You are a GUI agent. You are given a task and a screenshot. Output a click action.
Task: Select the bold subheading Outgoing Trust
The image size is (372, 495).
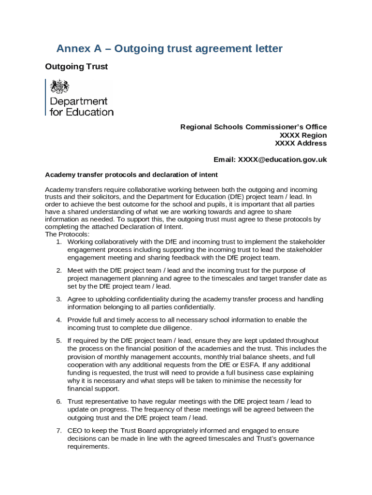(76, 67)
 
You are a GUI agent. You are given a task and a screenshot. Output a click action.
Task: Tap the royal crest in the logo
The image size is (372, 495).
(60, 87)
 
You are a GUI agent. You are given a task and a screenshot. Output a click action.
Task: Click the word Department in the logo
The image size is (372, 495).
(79, 102)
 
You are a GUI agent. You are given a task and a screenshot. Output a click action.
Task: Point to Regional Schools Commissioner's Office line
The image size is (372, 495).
(253, 127)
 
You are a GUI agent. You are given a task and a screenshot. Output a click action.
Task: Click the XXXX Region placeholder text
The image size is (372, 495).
(303, 135)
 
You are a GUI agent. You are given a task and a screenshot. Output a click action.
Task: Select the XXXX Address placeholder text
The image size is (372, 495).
(300, 144)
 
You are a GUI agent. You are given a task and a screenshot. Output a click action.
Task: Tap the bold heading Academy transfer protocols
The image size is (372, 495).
(131, 175)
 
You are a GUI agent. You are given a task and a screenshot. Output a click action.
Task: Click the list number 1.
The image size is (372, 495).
(58, 242)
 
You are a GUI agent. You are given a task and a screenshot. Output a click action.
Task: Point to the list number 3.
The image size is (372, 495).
(58, 300)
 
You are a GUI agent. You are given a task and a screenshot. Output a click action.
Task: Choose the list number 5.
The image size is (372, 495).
(58, 341)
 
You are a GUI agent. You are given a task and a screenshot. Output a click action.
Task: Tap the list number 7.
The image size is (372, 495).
(58, 431)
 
